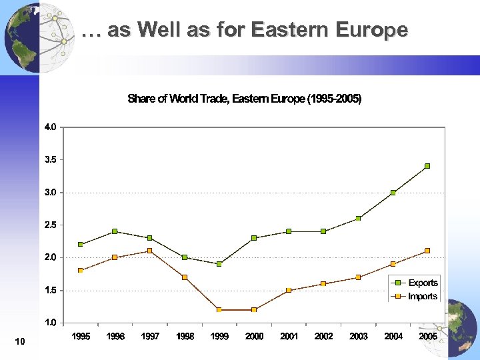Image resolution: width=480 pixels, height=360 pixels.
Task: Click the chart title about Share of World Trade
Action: pos(244,99)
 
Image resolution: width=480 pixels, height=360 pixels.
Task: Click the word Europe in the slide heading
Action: pos(373,30)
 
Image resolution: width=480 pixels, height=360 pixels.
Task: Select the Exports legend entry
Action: pos(423,283)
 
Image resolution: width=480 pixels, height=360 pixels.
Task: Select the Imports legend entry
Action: pos(423,296)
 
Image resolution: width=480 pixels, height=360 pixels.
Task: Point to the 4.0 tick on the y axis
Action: pos(51,127)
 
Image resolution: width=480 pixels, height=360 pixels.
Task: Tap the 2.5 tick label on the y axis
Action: pos(51,225)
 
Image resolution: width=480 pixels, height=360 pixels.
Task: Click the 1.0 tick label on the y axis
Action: pos(51,323)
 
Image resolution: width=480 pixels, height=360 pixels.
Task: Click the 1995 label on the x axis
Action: pos(81,337)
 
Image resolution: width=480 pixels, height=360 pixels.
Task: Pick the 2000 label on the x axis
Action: pos(254,337)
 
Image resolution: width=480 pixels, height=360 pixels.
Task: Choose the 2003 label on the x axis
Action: pos(358,337)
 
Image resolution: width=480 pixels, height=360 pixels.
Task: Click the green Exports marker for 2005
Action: pos(427,166)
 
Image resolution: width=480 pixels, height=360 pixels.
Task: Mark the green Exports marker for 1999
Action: pos(219,264)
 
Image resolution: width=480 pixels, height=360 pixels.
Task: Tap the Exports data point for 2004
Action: pos(393,192)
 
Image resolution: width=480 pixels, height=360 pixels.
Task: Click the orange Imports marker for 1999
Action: pos(219,310)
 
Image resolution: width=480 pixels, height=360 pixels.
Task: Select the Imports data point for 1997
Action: pos(150,251)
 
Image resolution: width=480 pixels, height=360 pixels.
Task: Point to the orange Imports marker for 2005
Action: pos(427,251)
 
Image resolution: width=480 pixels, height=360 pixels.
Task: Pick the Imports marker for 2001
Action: pos(289,290)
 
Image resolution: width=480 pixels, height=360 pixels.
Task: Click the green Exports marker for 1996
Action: pos(115,231)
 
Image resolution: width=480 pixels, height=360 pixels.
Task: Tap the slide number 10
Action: pos(19,342)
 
